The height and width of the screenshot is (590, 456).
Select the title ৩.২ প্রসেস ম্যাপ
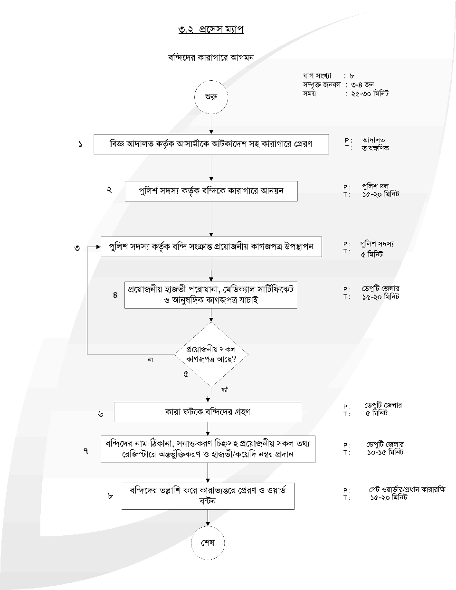[211, 29]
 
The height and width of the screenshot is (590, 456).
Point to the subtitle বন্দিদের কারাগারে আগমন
[211, 57]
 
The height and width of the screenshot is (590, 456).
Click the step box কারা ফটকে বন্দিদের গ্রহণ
[208, 412]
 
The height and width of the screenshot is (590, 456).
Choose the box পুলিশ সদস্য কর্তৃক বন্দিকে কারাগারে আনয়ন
[211, 191]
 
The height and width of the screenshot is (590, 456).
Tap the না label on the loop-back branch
[150, 360]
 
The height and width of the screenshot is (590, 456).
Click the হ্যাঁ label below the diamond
[225, 390]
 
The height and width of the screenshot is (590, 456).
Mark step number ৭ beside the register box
[86, 451]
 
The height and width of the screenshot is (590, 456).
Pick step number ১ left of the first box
[80, 144]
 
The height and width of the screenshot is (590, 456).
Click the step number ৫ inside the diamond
[186, 374]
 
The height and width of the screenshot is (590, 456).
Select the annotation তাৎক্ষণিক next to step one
[375, 148]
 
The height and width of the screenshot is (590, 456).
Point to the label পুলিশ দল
[375, 186]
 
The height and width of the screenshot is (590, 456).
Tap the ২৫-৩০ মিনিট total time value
[370, 94]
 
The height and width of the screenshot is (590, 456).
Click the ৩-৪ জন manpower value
[362, 85]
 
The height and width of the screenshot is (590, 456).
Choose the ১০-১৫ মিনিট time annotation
[385, 452]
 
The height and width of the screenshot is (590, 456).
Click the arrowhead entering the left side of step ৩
[98, 247]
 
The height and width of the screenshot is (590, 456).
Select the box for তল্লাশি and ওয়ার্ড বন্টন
[208, 496]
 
